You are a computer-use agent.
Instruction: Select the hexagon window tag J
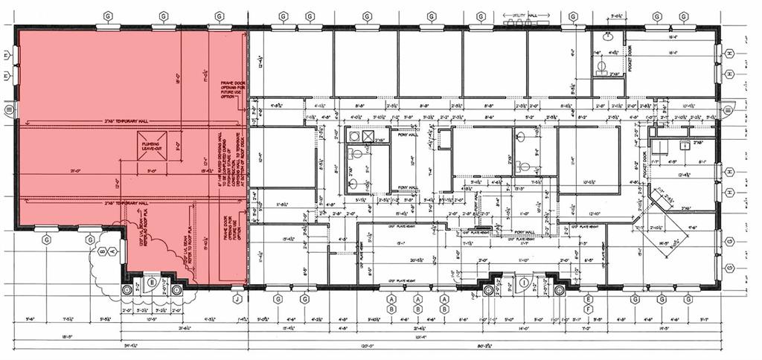(237, 299)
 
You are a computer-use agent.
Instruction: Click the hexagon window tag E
(588, 298)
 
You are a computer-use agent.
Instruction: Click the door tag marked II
(151, 282)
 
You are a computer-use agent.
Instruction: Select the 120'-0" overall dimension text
(366, 346)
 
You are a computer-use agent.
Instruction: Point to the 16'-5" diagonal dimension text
(662, 242)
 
